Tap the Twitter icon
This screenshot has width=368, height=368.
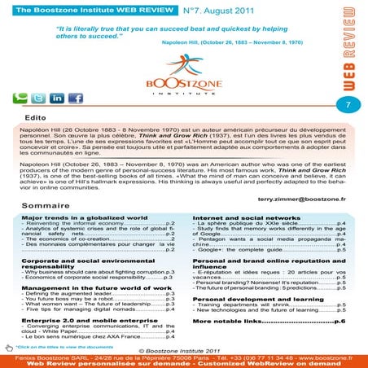click(37, 99)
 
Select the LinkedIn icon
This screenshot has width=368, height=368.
click(56, 99)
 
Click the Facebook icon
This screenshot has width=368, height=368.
click(76, 99)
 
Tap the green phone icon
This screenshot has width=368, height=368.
click(20, 99)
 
